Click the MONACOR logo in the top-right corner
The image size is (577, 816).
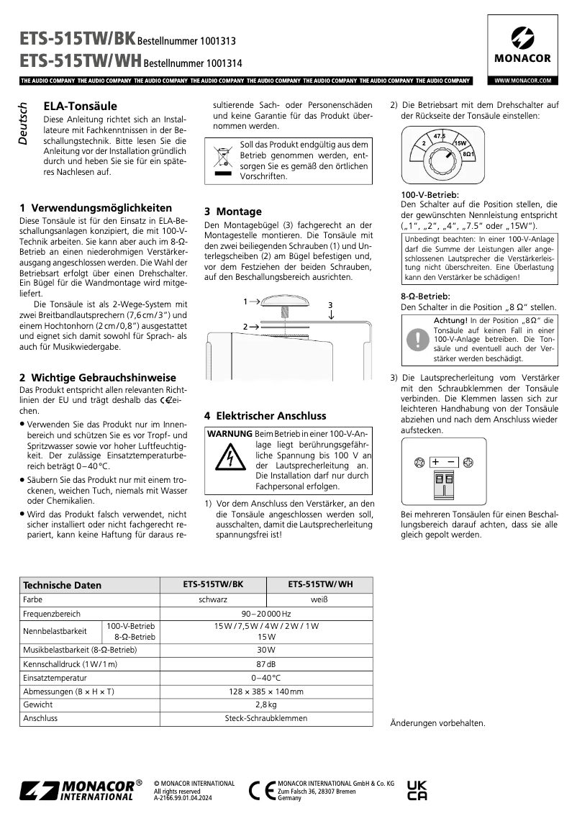(522, 45)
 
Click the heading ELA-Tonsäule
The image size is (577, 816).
(80, 106)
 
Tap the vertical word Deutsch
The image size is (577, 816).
(23, 123)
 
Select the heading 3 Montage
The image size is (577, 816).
(233, 211)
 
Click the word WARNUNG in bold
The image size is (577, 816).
(230, 434)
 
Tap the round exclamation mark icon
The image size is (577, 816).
(417, 339)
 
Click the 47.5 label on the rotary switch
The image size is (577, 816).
(439, 136)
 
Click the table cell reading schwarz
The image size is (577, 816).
(213, 599)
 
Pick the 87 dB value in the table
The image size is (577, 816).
(265, 663)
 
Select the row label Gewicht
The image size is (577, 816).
(38, 704)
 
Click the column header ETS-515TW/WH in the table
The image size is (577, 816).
(319, 584)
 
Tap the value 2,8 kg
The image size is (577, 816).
(265, 704)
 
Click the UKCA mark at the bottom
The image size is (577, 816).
(417, 790)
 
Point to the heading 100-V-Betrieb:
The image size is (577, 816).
(430, 195)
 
